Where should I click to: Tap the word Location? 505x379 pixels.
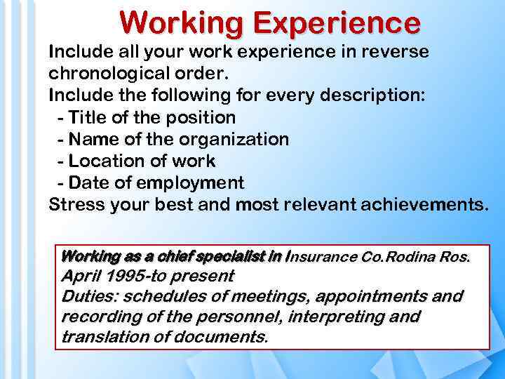coord(109,161)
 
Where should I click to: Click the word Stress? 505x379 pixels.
coord(76,205)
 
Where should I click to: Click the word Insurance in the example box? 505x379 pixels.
coord(323,257)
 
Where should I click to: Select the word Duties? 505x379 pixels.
coord(86,296)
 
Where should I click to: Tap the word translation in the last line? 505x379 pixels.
coord(104,337)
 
